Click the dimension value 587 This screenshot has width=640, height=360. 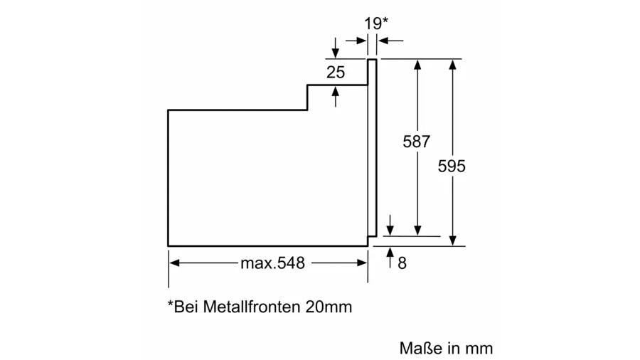pos(416,142)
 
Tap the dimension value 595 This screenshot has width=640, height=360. pos(452,166)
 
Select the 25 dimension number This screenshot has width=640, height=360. pos(336,73)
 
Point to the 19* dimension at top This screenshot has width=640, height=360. pos(376,23)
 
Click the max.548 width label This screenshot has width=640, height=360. pos(272,263)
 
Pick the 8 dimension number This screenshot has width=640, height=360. pos(402,263)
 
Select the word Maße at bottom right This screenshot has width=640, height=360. pos(421,348)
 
